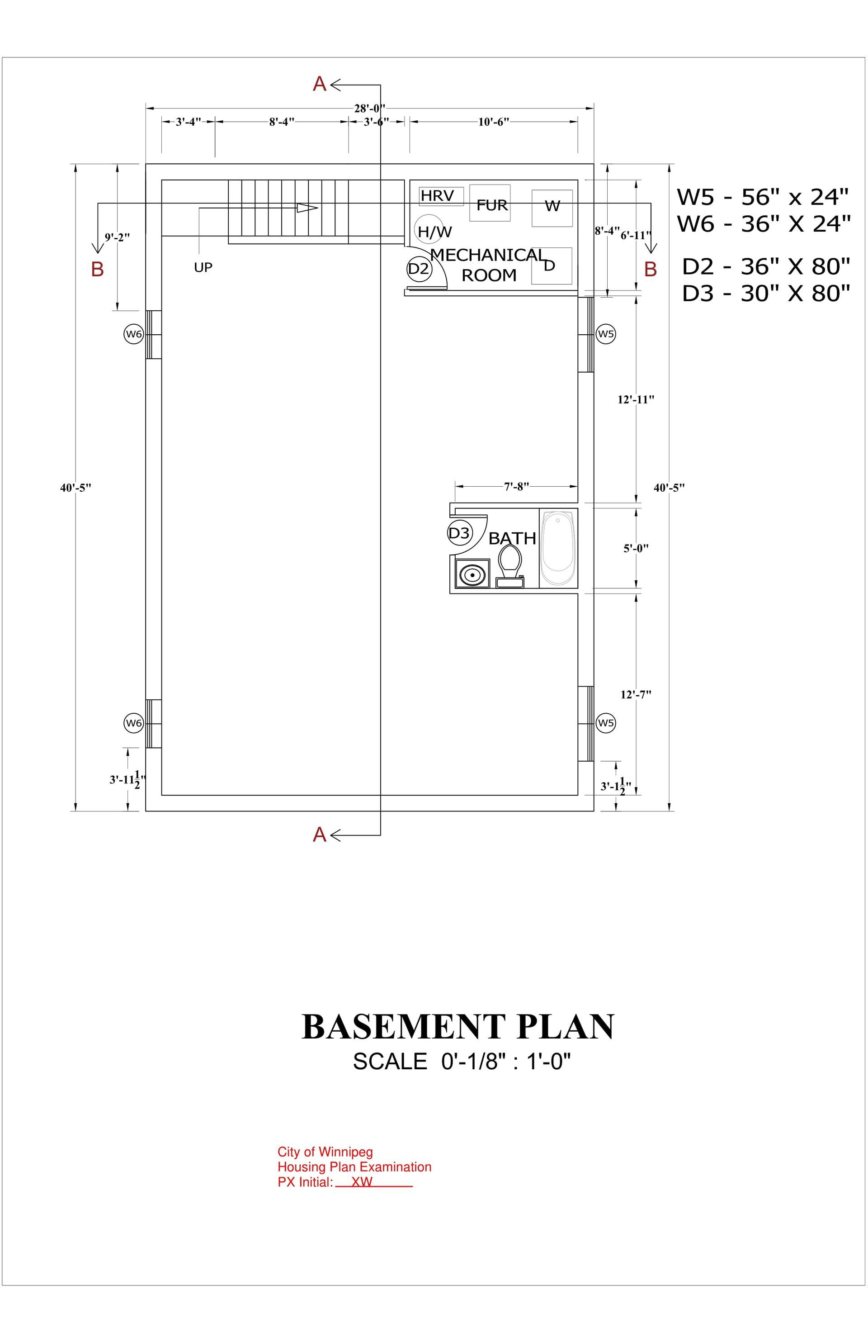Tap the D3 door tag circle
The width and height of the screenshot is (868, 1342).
[459, 533]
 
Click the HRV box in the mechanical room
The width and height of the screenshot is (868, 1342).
[441, 196]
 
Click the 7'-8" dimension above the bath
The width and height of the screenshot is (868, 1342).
[516, 486]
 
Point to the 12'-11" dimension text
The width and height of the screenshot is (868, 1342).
[636, 400]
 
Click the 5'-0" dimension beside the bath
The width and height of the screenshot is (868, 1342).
[636, 548]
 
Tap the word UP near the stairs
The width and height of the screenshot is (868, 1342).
[203, 267]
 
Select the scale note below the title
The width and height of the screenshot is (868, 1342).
[462, 1062]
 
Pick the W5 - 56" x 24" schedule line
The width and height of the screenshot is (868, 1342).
[763, 197]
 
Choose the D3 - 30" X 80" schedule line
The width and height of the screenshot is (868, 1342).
[766, 293]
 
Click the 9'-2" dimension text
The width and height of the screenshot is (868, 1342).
[117, 237]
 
